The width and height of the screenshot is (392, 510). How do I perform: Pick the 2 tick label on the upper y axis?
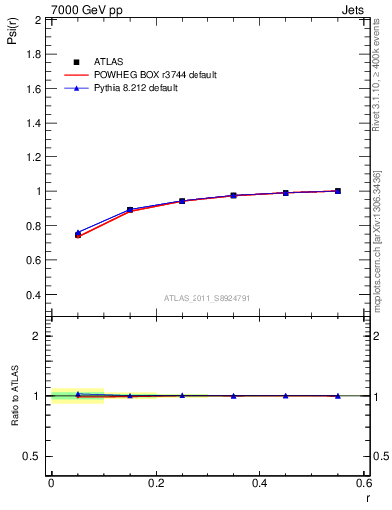pos(39,20)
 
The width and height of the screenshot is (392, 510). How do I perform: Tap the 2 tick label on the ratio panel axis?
pos(39,336)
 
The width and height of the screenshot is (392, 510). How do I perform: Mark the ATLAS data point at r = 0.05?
pos(78,235)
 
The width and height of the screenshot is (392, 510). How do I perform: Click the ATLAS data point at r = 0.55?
pos(338,191)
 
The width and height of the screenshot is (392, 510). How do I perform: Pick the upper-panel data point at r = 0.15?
pos(130,210)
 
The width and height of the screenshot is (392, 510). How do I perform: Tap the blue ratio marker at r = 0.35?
pos(233,396)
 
